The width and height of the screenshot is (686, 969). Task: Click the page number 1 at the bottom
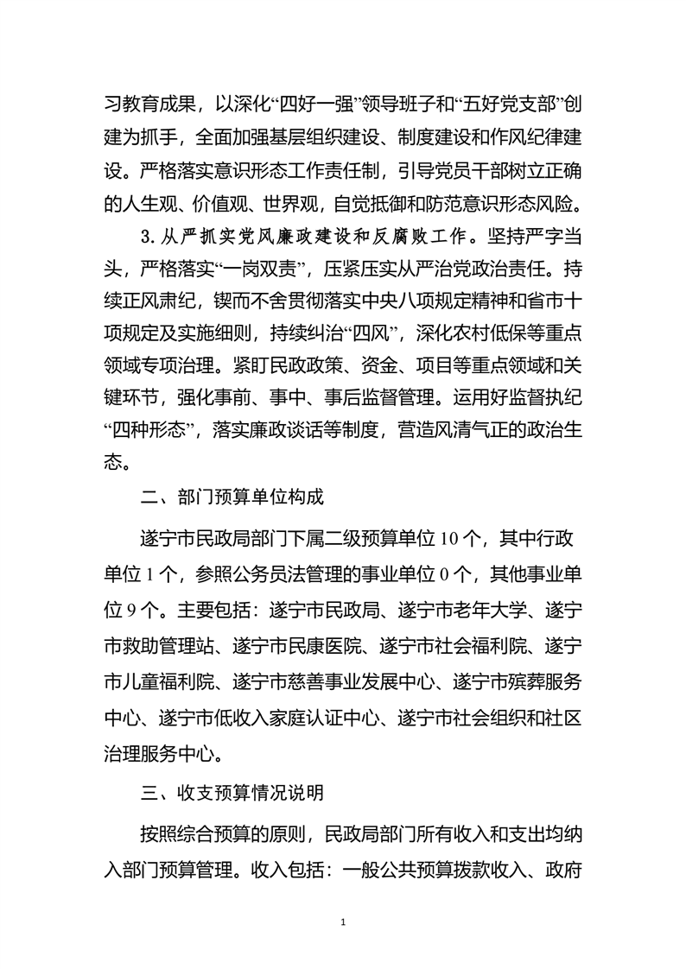pos(343,922)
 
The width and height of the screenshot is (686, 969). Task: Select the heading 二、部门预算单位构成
pos(233,499)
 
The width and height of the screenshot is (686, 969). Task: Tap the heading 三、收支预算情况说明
pos(233,791)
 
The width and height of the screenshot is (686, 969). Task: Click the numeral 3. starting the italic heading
pos(147,232)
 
